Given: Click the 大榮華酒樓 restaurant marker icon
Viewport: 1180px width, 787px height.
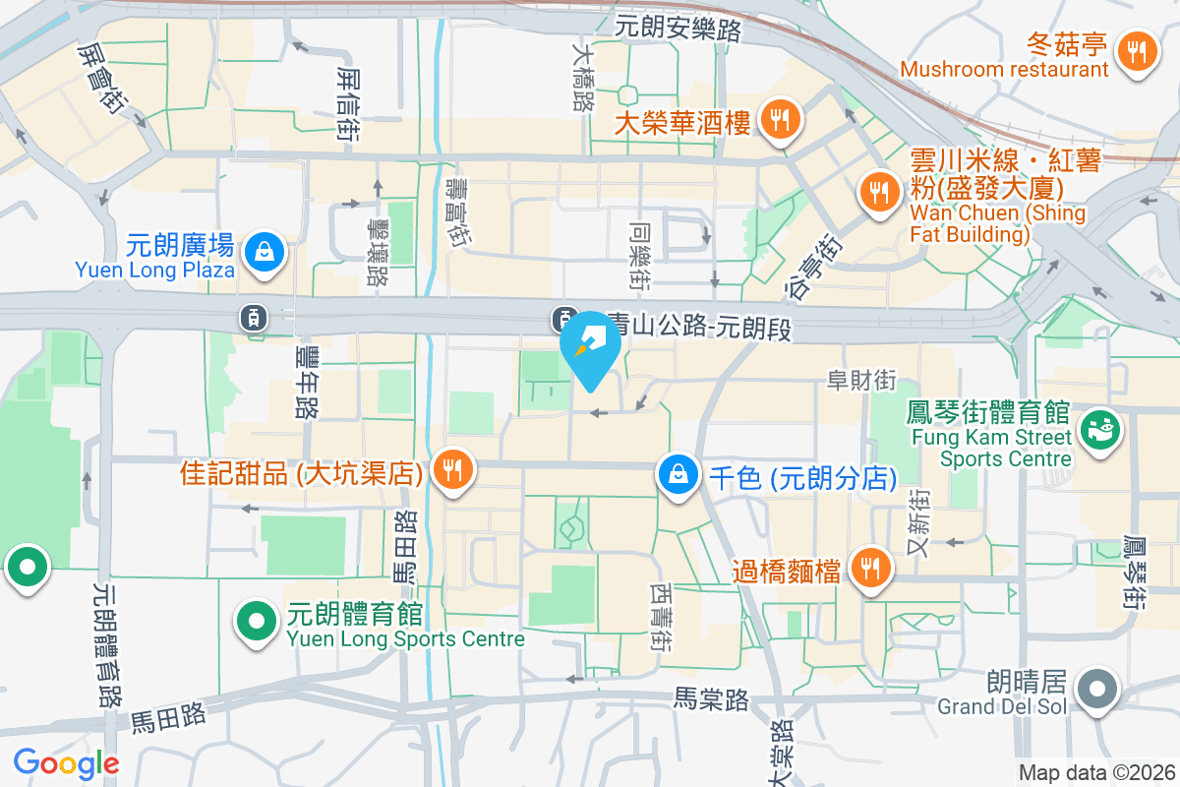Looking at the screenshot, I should tap(781, 121).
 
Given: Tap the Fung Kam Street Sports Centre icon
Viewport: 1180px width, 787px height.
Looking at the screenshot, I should tap(1099, 430).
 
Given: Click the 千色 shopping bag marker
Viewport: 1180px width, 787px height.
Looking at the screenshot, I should tap(678, 475).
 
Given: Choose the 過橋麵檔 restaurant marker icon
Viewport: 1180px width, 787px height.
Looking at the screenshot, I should tap(869, 568).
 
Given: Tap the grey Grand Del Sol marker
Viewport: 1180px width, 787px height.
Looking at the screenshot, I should tap(1095, 688).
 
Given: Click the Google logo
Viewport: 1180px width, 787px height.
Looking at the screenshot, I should tap(66, 763).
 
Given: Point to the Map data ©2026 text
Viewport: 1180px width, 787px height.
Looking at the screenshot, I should tap(1095, 773).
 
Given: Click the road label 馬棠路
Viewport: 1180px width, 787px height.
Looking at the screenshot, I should tap(711, 699).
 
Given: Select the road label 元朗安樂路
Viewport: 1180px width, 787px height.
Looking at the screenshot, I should tap(678, 30).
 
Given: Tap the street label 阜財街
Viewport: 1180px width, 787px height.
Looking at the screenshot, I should tap(861, 380).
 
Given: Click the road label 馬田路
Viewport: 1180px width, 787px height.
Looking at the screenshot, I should tap(167, 715).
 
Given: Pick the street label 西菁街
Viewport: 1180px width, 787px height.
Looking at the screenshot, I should tap(661, 618).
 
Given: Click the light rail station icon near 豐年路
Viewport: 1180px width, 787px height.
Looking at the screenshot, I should tap(254, 317).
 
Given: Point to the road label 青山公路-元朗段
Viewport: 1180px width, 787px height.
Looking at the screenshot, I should tap(700, 327).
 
